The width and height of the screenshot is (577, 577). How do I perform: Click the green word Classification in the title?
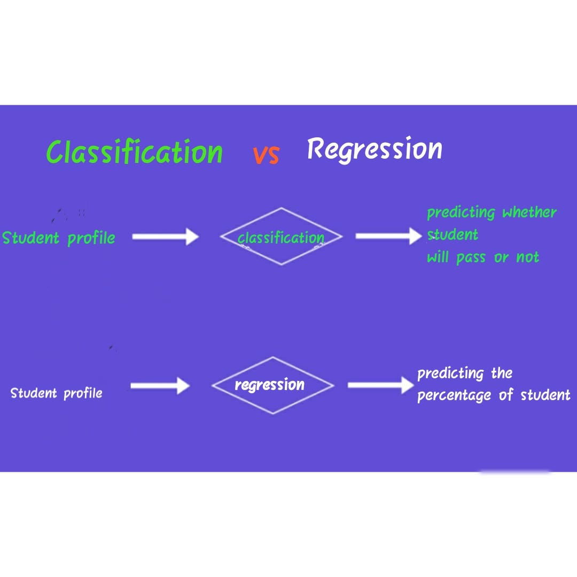pyautogui.click(x=135, y=152)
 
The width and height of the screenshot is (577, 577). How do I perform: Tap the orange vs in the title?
pyautogui.click(x=266, y=154)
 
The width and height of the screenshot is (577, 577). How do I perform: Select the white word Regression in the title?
pyautogui.click(x=375, y=149)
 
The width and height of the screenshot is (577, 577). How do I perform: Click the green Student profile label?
pyautogui.click(x=59, y=238)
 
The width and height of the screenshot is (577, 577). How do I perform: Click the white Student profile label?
pyautogui.click(x=57, y=393)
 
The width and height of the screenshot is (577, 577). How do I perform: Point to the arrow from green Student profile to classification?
pyautogui.click(x=165, y=236)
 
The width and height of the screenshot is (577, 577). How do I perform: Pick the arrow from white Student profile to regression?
pyautogui.click(x=160, y=386)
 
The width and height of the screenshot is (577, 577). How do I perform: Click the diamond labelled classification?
pyautogui.click(x=281, y=237)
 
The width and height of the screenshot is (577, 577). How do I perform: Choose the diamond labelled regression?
pyautogui.click(x=272, y=385)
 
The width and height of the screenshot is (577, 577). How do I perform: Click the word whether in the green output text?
pyautogui.click(x=529, y=213)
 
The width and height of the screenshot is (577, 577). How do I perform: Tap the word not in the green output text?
pyautogui.click(x=527, y=258)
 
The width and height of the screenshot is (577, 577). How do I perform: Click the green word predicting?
pyautogui.click(x=461, y=213)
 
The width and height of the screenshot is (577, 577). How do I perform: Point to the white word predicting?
pyautogui.click(x=450, y=373)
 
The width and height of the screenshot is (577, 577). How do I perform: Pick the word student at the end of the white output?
pyautogui.click(x=545, y=395)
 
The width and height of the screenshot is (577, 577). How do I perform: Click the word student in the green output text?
pyautogui.click(x=453, y=235)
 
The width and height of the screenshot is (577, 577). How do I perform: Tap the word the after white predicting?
pyautogui.click(x=502, y=373)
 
